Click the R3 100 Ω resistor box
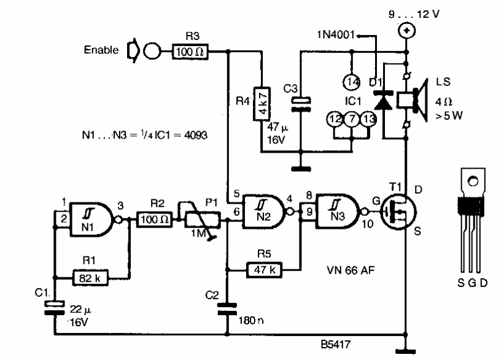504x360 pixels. point(190,53)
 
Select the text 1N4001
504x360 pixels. point(335,34)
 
